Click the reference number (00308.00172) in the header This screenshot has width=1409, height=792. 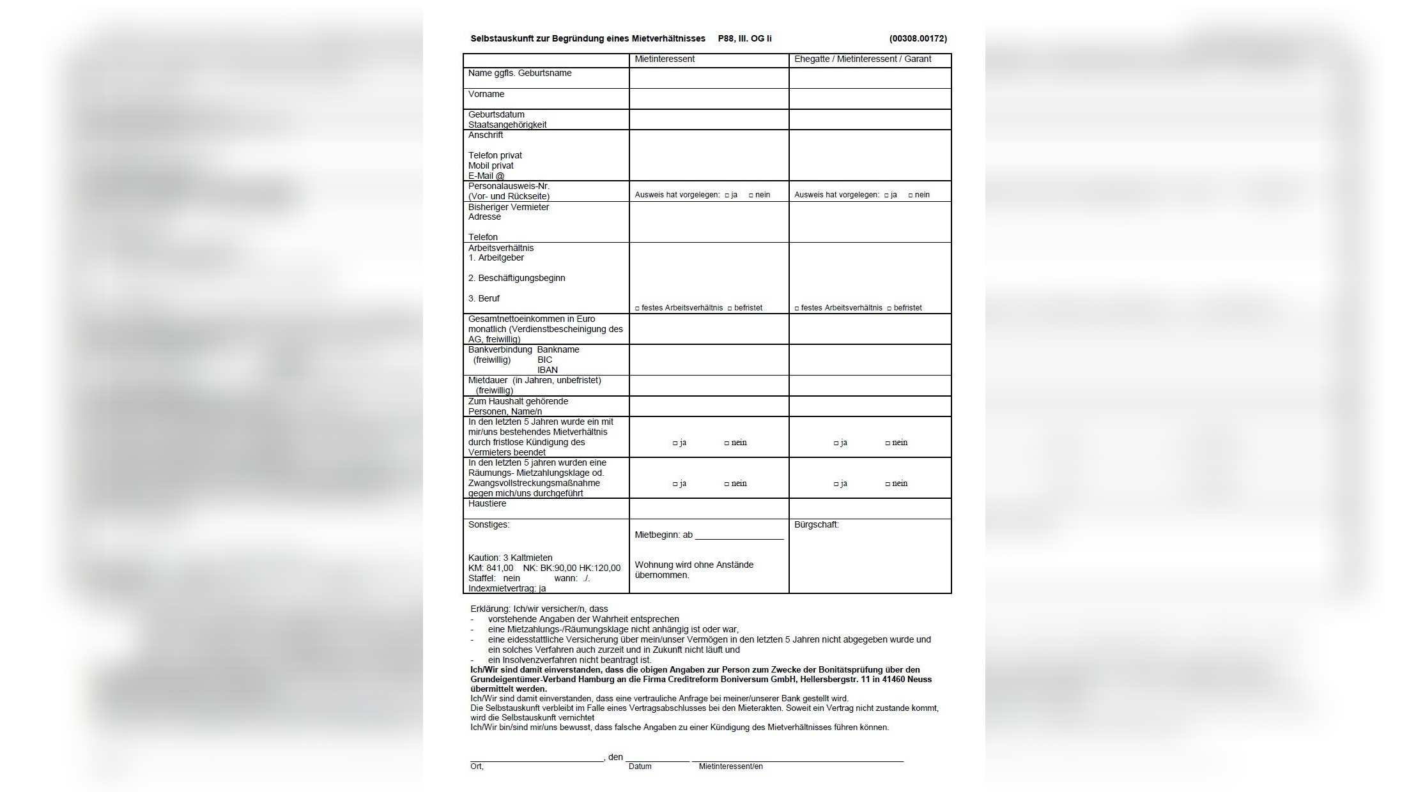click(x=918, y=39)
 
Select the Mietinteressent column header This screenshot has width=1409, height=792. click(x=664, y=59)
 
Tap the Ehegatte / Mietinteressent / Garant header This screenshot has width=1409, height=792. click(x=862, y=59)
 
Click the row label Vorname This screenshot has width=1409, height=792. click(x=486, y=95)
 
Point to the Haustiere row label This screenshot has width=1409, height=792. click(x=487, y=504)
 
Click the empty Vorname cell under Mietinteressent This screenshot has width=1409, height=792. click(x=709, y=99)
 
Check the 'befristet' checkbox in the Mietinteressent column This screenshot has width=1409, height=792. click(x=730, y=308)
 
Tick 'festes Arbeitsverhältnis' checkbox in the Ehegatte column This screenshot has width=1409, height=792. click(x=797, y=308)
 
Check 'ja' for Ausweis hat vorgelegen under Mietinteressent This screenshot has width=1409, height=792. click(x=727, y=195)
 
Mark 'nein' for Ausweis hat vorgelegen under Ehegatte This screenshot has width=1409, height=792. click(x=911, y=195)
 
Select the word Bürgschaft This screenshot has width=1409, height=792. click(x=816, y=525)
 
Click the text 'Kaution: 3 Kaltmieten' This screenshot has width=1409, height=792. click(x=510, y=558)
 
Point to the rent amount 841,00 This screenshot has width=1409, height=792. click(x=499, y=568)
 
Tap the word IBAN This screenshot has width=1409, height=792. click(x=547, y=370)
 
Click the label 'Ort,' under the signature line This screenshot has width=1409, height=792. click(x=477, y=766)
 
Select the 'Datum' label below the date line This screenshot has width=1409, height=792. click(x=640, y=766)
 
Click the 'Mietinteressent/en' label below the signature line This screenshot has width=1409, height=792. click(x=730, y=766)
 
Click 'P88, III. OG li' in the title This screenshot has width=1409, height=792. click(x=744, y=39)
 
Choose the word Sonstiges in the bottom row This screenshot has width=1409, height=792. click(x=488, y=525)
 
